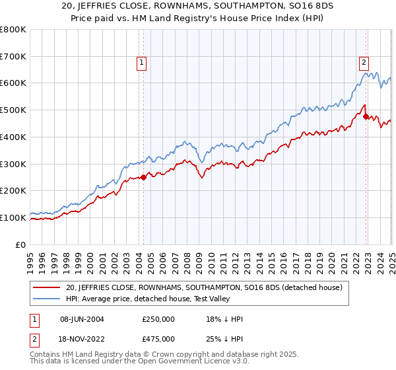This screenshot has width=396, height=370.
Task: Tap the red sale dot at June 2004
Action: pyautogui.click(x=144, y=177)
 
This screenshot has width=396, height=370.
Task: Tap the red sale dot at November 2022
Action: pyautogui.click(x=366, y=116)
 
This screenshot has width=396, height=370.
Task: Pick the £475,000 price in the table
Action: pyautogui.click(x=158, y=338)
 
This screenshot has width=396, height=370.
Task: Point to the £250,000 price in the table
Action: pyautogui.click(x=158, y=320)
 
